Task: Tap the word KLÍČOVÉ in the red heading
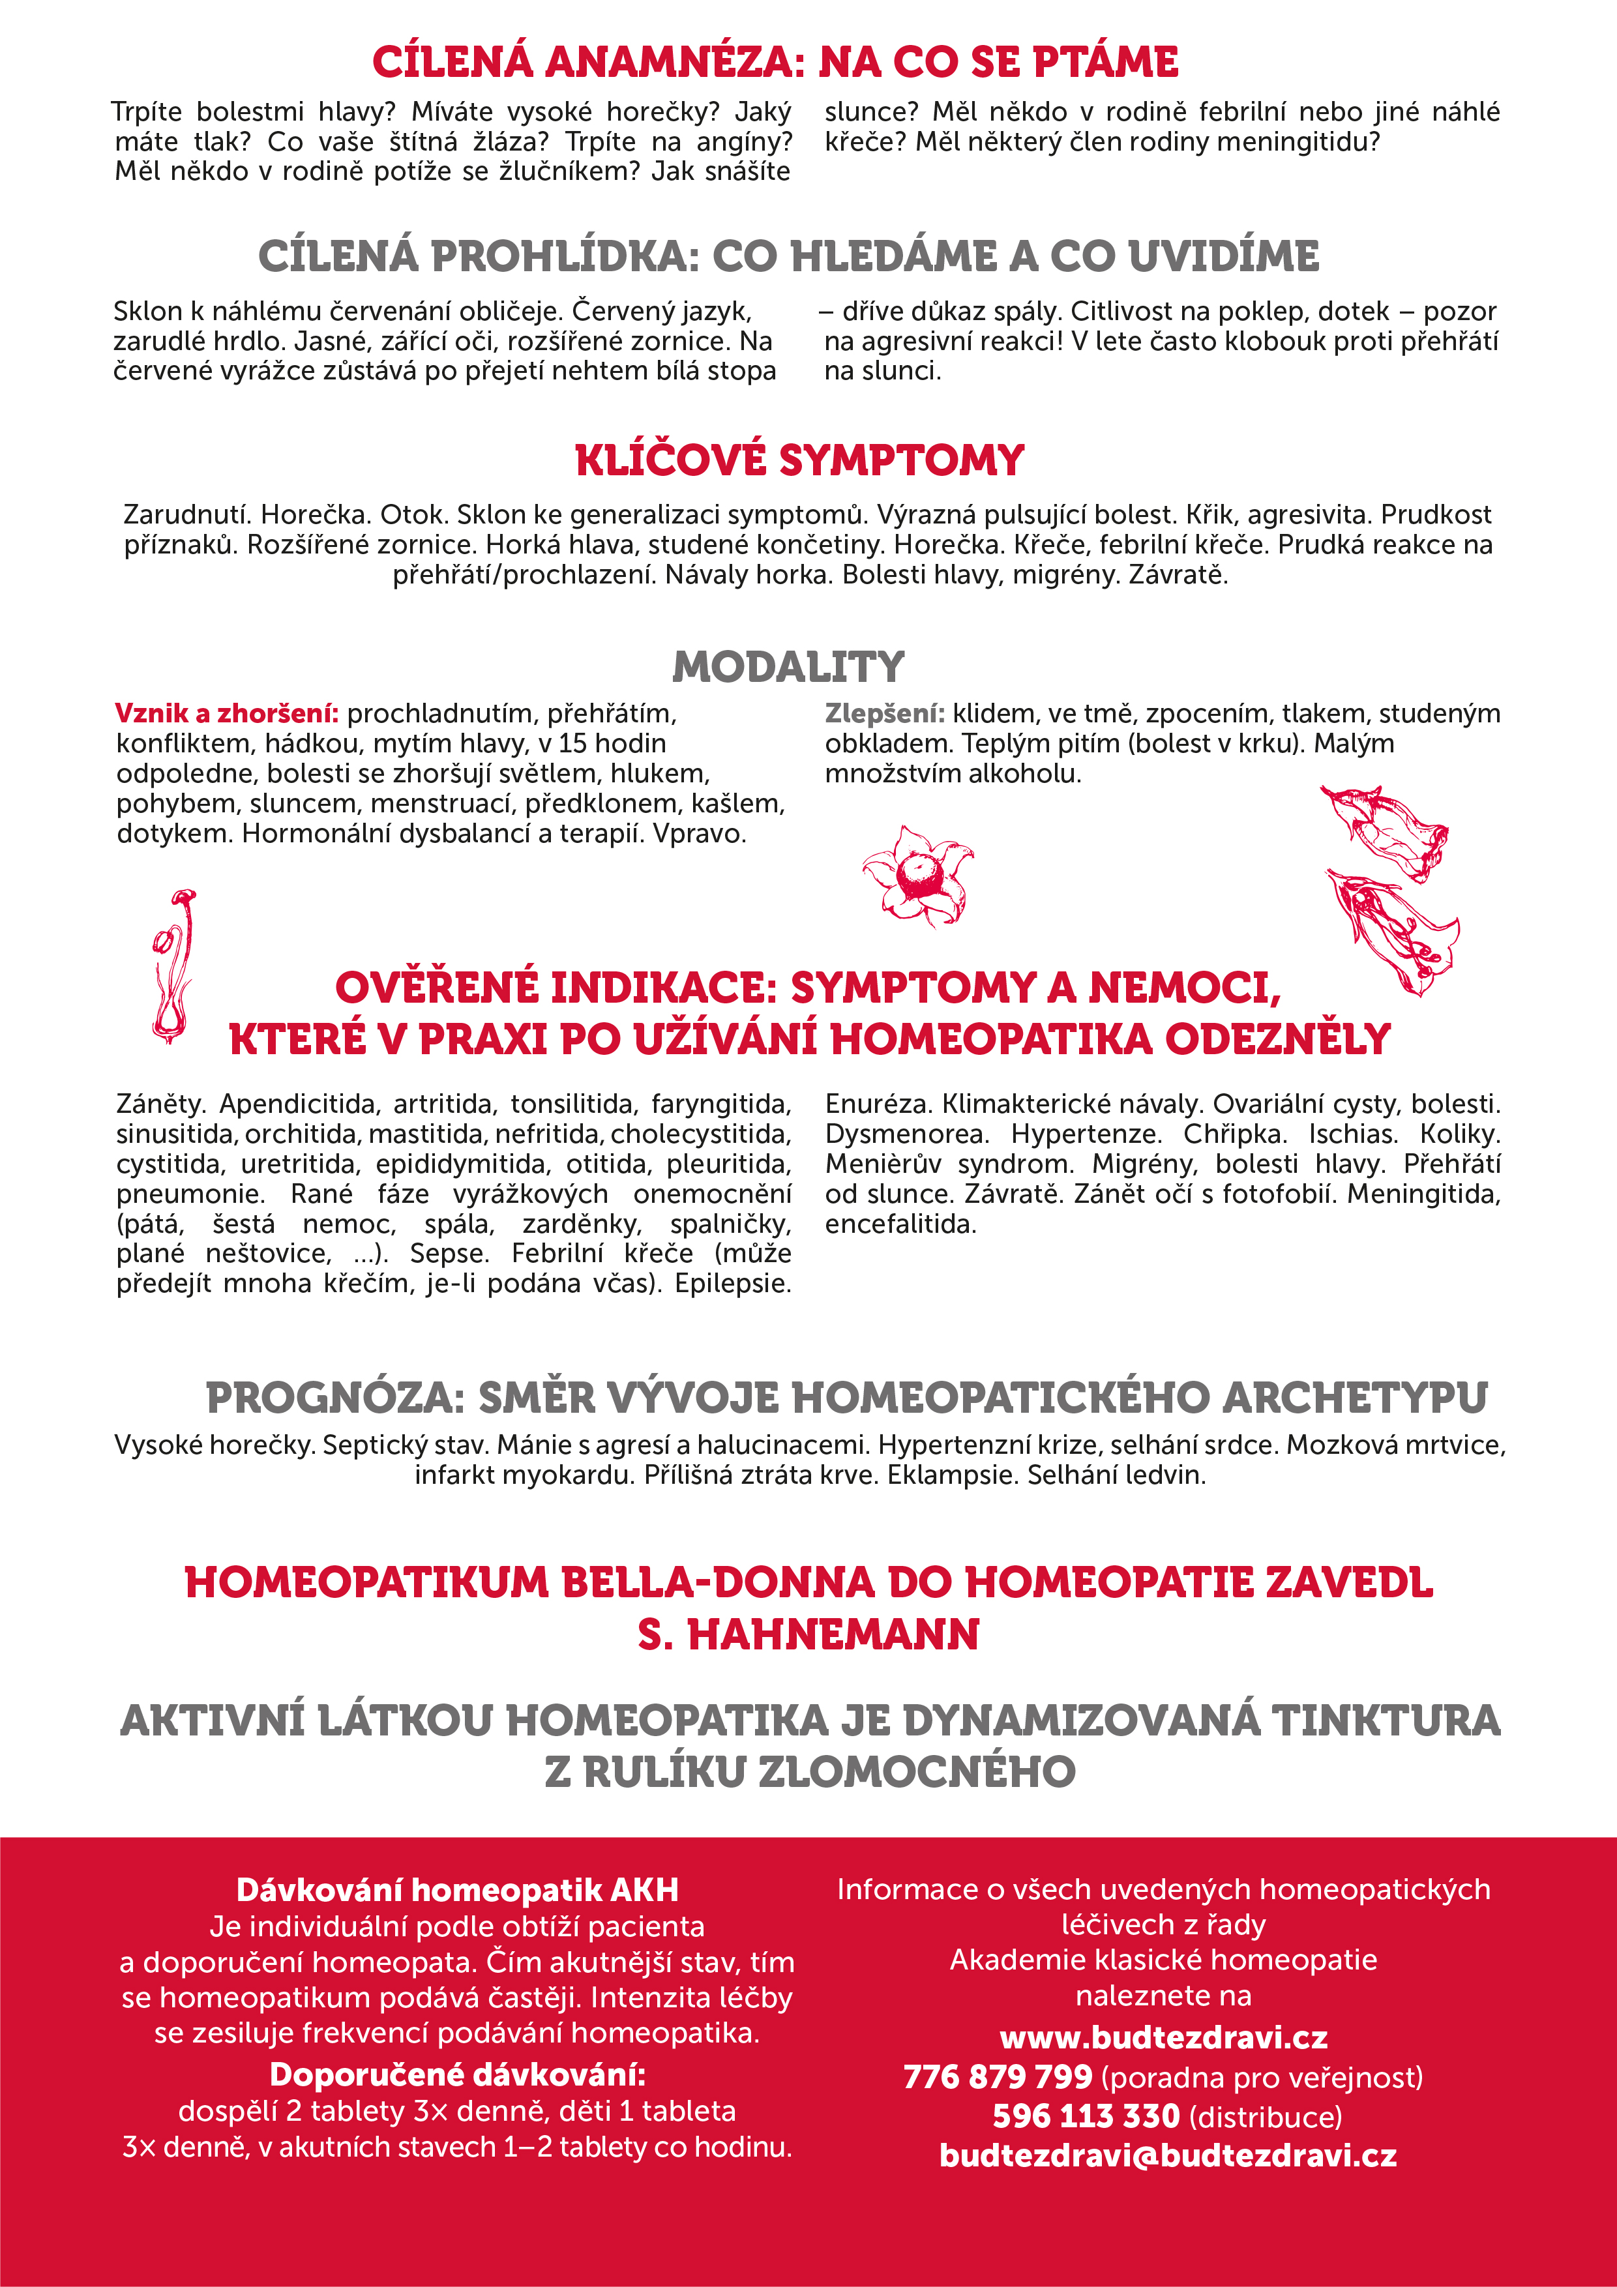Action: pos(670,460)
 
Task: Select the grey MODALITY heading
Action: pos(788,666)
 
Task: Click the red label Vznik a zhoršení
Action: pos(226,713)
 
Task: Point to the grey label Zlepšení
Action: pos(883,713)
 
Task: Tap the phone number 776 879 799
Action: pos(998,2077)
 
